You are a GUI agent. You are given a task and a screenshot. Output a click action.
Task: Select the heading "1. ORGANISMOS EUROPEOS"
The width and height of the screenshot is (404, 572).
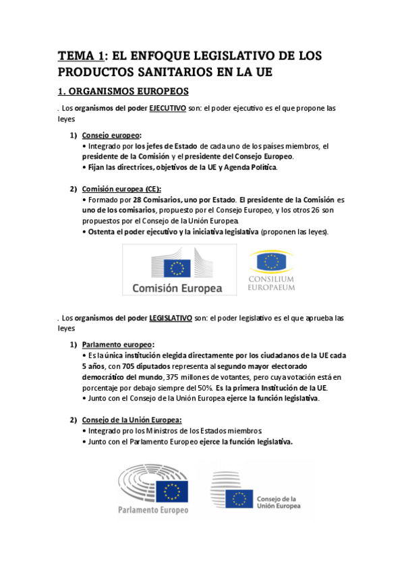point(123,90)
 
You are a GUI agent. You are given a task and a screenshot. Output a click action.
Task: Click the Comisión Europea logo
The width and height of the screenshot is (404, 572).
point(179,269)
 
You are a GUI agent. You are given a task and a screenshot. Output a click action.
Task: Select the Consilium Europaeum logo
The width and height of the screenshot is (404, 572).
point(271,270)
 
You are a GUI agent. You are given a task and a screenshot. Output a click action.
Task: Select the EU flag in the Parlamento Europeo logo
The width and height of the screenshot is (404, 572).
point(173,490)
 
